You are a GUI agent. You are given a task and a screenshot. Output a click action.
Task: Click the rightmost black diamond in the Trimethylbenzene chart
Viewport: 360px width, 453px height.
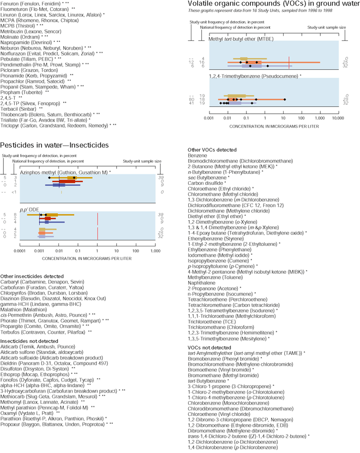tap(285, 99)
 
